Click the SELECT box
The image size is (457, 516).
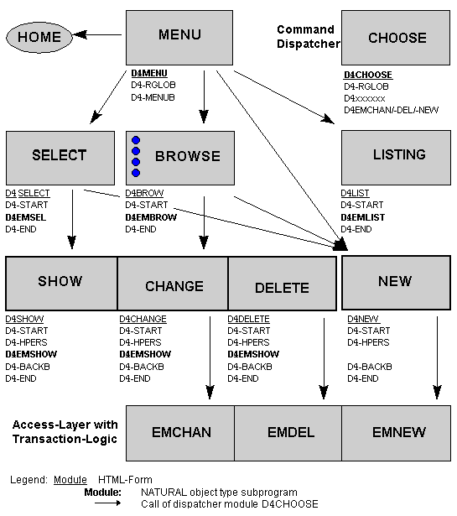click(59, 156)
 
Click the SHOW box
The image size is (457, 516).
click(60, 283)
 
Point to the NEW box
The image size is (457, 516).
click(395, 282)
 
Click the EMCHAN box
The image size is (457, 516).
click(179, 434)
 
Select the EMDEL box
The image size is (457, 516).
click(290, 434)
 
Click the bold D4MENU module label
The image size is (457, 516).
click(149, 74)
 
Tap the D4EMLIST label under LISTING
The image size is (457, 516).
click(361, 217)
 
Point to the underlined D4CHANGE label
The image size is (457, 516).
click(143, 319)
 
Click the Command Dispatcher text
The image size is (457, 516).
click(309, 37)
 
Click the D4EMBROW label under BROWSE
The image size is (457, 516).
click(151, 217)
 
